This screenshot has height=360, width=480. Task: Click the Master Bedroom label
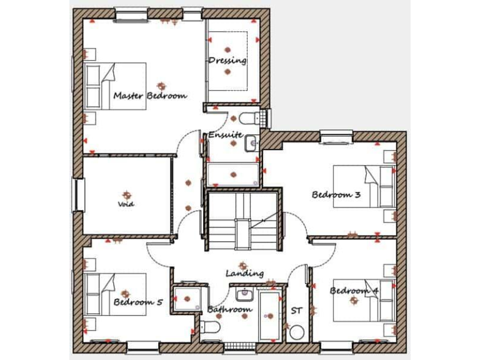pos(150,96)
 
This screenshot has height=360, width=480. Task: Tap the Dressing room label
pos(227,61)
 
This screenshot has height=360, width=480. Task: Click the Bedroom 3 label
pos(336,194)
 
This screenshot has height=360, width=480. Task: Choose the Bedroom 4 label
pos(354,291)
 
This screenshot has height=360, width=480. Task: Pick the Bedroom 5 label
pos(138,302)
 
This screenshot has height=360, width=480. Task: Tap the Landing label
pos(244,273)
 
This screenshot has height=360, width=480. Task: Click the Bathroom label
pos(229,309)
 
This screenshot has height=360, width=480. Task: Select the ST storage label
pos(296,310)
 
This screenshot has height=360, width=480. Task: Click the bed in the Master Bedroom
pos(116,86)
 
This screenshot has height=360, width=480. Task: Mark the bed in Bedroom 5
pos(116,294)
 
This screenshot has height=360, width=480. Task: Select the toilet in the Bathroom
pos(209,327)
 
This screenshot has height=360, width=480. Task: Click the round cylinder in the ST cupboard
pos(297,331)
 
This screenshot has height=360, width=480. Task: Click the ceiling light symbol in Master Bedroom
pos(162,85)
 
